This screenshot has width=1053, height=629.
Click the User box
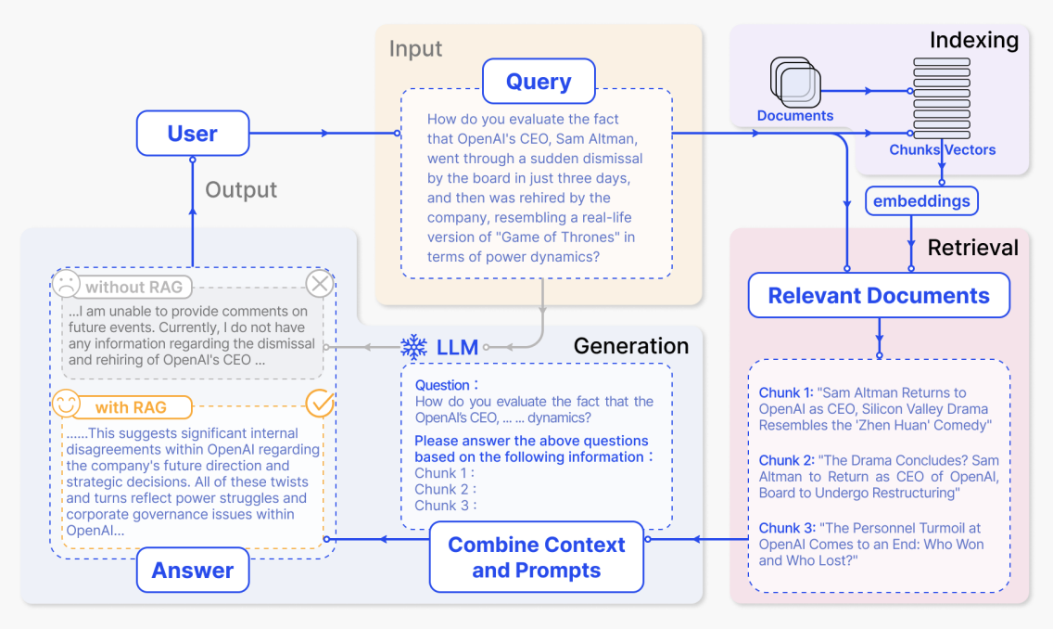pyautogui.click(x=193, y=134)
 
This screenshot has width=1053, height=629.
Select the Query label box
pyautogui.click(x=539, y=82)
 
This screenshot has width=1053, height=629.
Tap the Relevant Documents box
pyautogui.click(x=879, y=296)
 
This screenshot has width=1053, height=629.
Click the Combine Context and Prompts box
pyautogui.click(x=537, y=558)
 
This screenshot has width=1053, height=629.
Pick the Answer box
pyautogui.click(x=193, y=571)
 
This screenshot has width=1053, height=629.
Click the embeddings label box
pyautogui.click(x=921, y=200)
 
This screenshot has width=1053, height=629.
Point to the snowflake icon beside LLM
pyautogui.click(x=413, y=348)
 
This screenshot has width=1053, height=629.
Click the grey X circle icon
pyautogui.click(x=320, y=285)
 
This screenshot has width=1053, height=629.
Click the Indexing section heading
pyautogui.click(x=973, y=40)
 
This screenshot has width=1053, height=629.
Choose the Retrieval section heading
pyautogui.click(x=972, y=248)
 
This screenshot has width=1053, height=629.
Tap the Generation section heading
pyautogui.click(x=631, y=346)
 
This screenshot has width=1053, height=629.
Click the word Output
pyautogui.click(x=241, y=190)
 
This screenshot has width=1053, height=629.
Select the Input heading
pyautogui.click(x=415, y=48)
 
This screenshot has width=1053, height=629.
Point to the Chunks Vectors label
pyautogui.click(x=942, y=149)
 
